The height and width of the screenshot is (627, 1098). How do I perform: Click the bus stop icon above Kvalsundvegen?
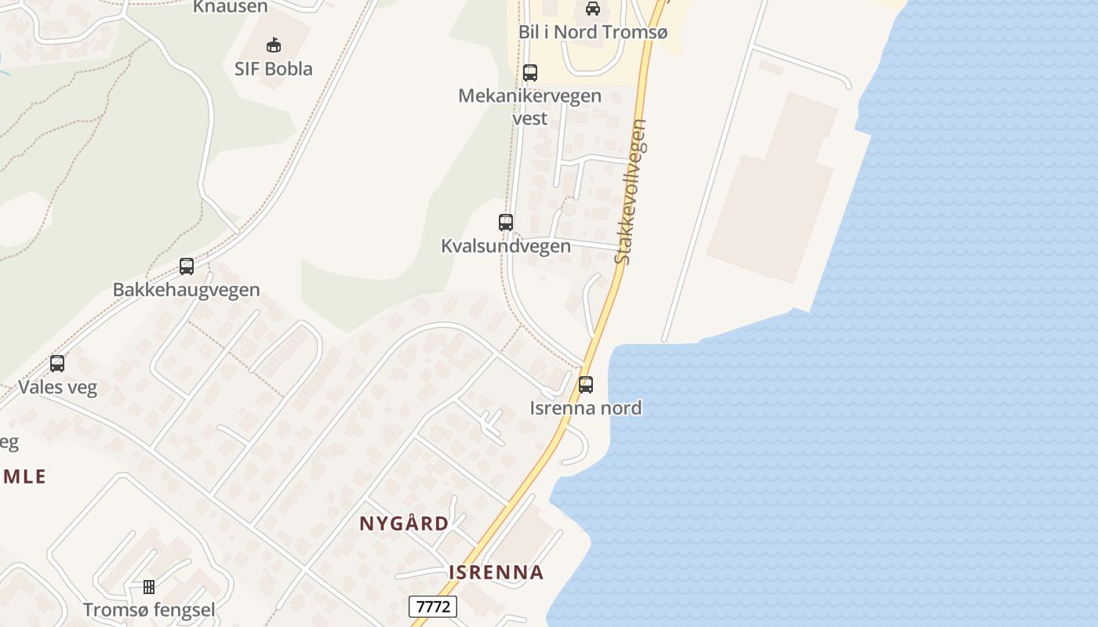(506, 222)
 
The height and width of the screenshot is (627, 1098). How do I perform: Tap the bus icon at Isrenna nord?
(586, 385)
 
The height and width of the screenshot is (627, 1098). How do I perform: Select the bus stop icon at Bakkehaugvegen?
(187, 266)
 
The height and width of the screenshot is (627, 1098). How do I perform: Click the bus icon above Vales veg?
(57, 364)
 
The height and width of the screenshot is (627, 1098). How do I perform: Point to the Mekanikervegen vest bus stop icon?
(530, 73)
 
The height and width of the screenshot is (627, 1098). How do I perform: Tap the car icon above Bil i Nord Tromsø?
(592, 9)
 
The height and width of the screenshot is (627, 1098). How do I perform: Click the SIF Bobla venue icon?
(274, 45)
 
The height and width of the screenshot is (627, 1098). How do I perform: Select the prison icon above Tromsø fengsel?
(149, 586)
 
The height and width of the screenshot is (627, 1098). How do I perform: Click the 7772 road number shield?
(433, 607)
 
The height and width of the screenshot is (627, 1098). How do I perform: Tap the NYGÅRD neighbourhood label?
(405, 524)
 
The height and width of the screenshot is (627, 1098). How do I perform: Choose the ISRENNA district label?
(496, 572)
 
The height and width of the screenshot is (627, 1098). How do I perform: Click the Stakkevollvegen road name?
(631, 192)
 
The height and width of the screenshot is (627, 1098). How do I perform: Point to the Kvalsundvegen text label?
(506, 246)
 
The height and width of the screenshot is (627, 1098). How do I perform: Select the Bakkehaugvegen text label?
(187, 290)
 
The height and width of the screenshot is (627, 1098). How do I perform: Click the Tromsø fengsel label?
(149, 610)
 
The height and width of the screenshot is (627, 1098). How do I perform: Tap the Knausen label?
(231, 7)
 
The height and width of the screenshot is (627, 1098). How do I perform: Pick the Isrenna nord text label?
(586, 408)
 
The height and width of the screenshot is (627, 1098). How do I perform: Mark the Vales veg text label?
(57, 387)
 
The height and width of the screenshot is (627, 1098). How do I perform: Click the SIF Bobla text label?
(274, 69)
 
